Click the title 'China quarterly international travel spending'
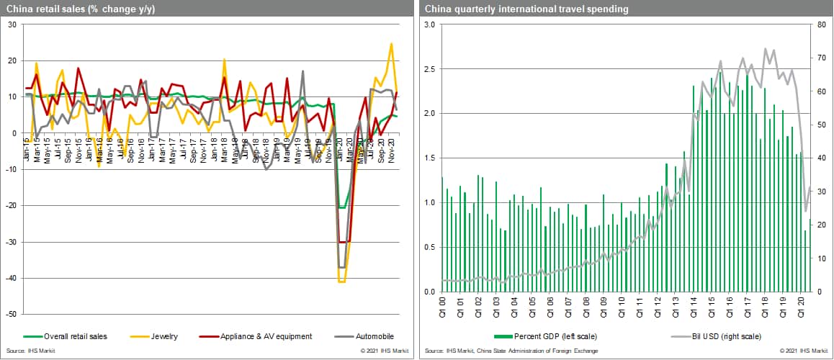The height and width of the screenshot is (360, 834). click(x=516, y=9)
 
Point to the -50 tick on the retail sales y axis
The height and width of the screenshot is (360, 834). click(x=12, y=314)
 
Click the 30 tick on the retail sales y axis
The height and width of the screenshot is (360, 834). click(x=13, y=24)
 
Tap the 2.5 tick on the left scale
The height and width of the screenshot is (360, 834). click(x=429, y=69)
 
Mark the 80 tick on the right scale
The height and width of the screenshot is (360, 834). click(x=822, y=24)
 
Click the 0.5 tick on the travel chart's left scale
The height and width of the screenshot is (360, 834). click(x=429, y=248)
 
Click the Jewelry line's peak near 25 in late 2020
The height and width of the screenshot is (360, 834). click(x=391, y=44)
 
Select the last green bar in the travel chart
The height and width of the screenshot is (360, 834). click(x=810, y=255)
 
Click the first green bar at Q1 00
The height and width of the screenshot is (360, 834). click(x=442, y=234)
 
